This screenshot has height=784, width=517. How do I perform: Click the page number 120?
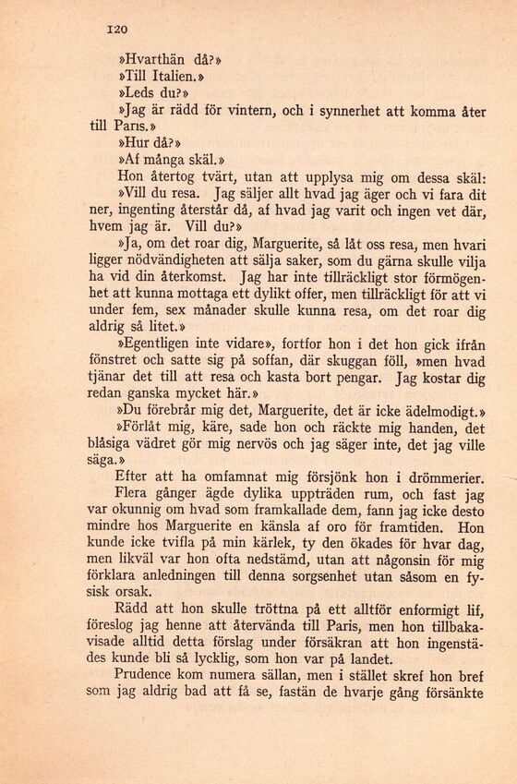(116, 29)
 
